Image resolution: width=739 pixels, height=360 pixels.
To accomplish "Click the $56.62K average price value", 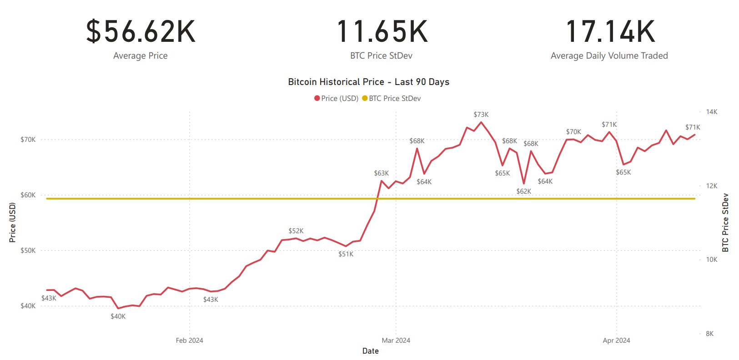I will pyautogui.click(x=141, y=32).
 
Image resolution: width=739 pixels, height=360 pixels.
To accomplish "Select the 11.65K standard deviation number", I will pyautogui.click(x=382, y=32).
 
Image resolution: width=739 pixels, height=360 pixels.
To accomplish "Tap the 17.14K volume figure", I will pyautogui.click(x=610, y=32).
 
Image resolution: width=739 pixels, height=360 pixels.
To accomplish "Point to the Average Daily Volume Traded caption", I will pyautogui.click(x=609, y=56).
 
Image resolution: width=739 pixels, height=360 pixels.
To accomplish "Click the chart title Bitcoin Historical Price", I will pyautogui.click(x=368, y=82).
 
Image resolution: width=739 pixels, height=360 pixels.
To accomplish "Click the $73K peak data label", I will pyautogui.click(x=481, y=115).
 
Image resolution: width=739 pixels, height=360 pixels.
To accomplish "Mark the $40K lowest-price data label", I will pyautogui.click(x=118, y=316).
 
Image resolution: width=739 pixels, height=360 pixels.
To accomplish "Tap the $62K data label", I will pyautogui.click(x=523, y=191).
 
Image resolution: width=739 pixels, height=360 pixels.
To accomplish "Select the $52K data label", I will pyautogui.click(x=296, y=231).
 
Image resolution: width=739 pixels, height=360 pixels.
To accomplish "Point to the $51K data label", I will pyautogui.click(x=346, y=254).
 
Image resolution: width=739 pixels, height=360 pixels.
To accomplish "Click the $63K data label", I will pyautogui.click(x=381, y=173).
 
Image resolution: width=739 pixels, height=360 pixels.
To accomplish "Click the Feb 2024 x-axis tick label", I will pyautogui.click(x=189, y=340).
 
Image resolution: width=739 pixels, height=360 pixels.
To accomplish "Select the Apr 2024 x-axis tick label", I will pyautogui.click(x=616, y=340).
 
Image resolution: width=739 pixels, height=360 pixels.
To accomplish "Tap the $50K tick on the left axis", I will pyautogui.click(x=28, y=250).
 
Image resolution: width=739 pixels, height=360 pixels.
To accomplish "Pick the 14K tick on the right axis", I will pyautogui.click(x=711, y=112).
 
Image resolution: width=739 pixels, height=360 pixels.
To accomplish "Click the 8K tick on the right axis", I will pyautogui.click(x=709, y=334).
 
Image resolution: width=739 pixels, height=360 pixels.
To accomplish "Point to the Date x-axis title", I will pyautogui.click(x=370, y=351).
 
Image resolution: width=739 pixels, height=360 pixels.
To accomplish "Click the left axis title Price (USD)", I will pyautogui.click(x=12, y=222).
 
